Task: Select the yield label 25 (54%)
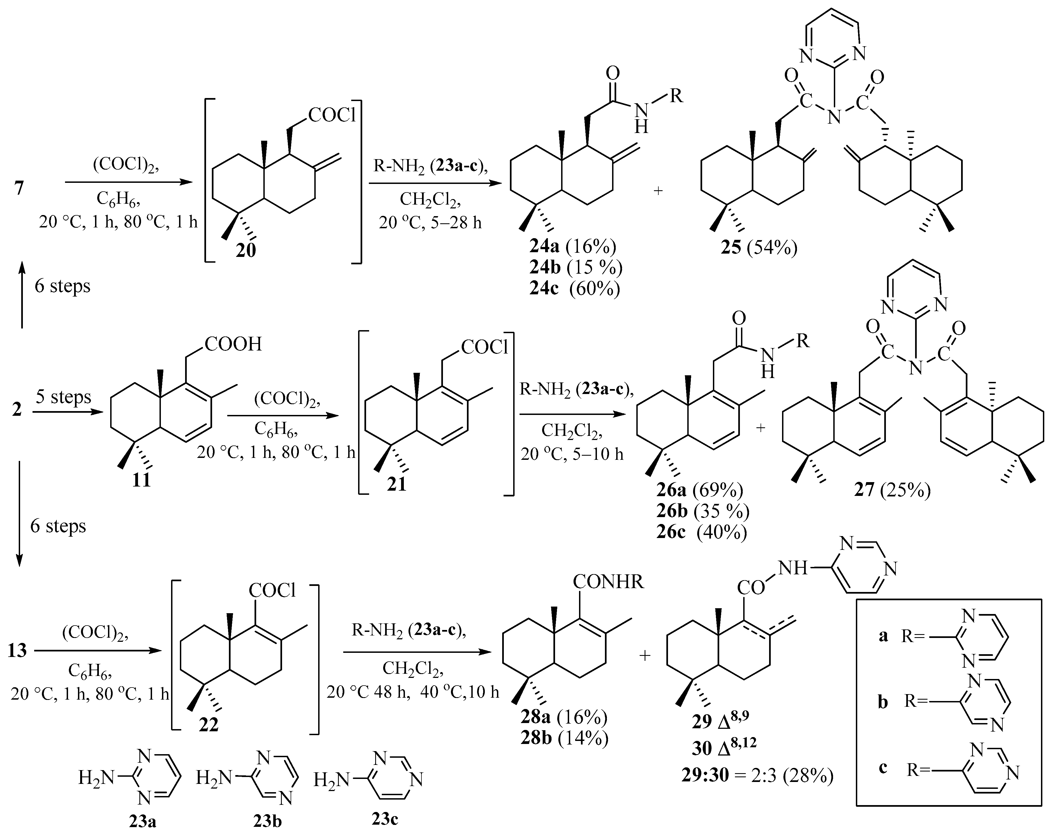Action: tap(759, 248)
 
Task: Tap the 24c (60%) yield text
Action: tap(575, 289)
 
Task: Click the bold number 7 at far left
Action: tap(19, 187)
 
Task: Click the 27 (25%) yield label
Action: tap(892, 489)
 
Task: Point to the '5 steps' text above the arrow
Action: tap(63, 396)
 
